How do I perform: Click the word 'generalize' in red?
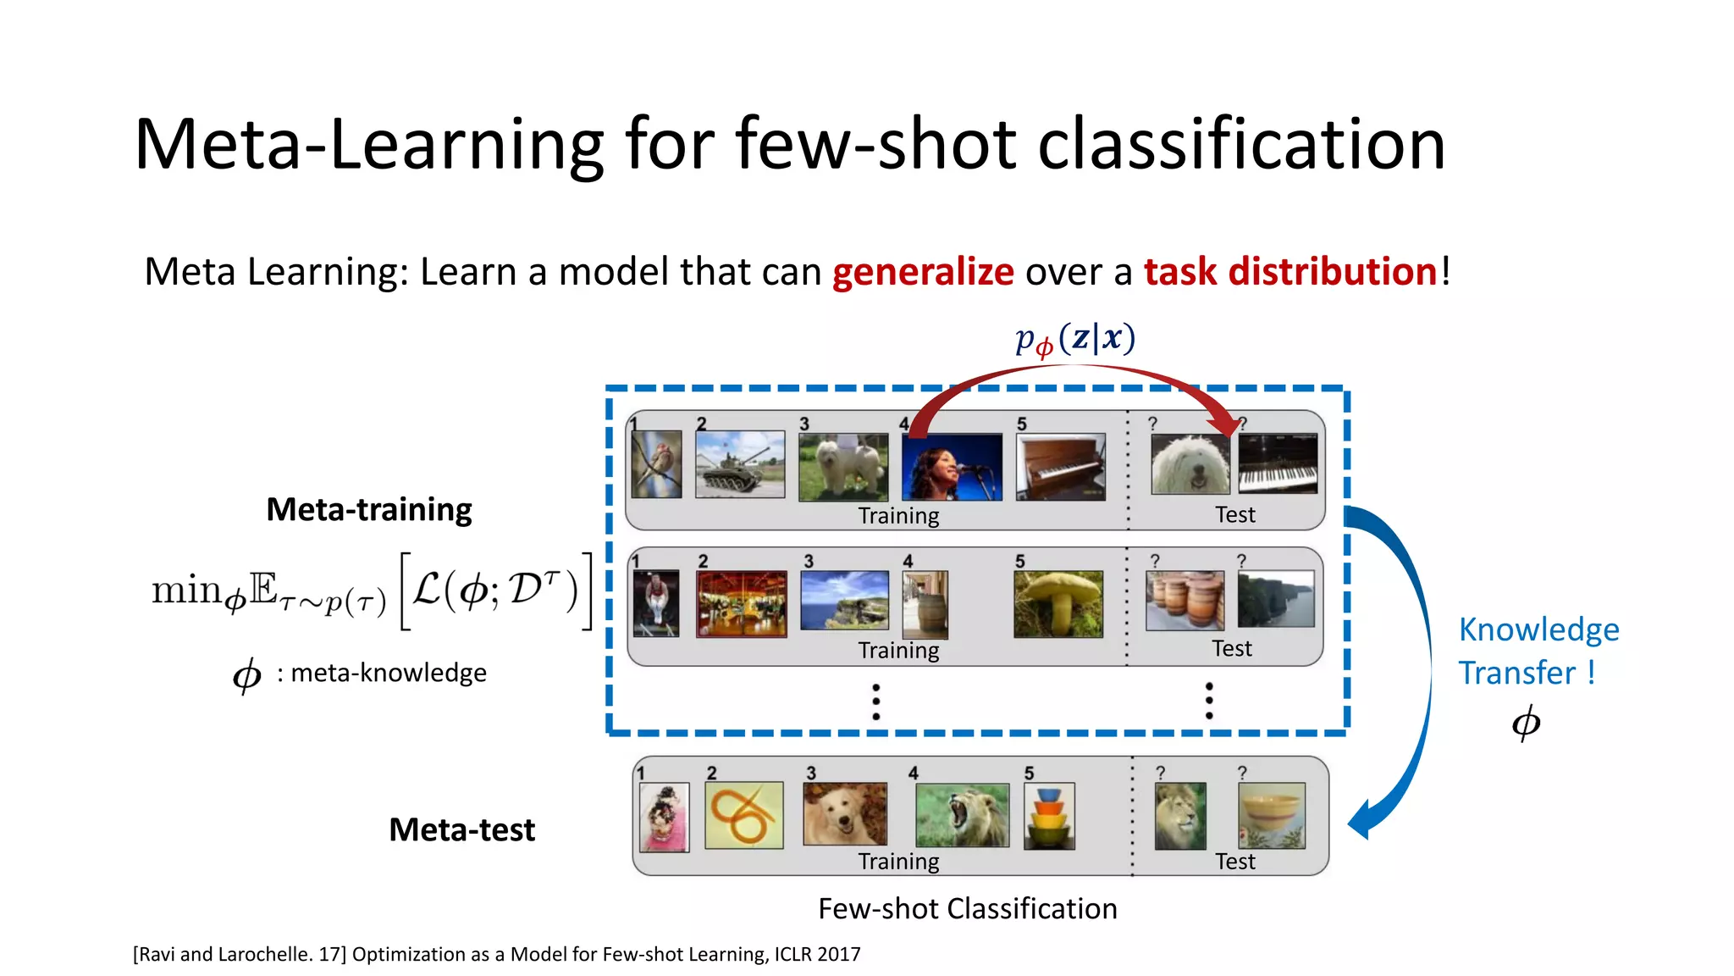(923, 272)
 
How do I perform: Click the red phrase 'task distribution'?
(1289, 272)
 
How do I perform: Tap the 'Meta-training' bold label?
(369, 509)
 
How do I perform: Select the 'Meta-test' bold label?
(461, 829)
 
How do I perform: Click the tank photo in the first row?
(740, 464)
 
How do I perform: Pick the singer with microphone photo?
(952, 467)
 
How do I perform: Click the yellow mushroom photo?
(1058, 604)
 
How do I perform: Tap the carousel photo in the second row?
(741, 604)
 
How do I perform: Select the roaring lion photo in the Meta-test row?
(962, 815)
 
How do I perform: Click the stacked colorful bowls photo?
(1049, 816)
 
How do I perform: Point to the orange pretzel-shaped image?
(743, 815)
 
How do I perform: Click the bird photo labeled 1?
(656, 464)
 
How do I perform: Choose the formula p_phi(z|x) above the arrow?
(1075, 339)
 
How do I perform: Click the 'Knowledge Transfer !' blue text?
(1538, 651)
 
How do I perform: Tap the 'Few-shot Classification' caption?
(967, 908)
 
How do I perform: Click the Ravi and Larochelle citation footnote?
(496, 954)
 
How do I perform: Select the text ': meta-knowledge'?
(382, 673)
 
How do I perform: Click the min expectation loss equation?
(371, 591)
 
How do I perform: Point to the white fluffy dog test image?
(1190, 464)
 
